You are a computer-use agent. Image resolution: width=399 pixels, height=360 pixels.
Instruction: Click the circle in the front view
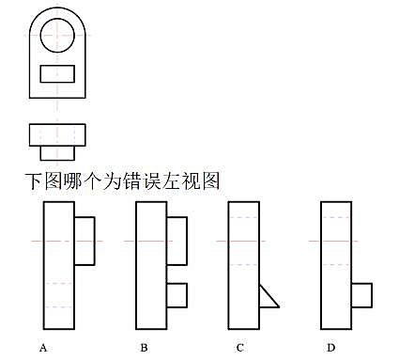click(40, 35)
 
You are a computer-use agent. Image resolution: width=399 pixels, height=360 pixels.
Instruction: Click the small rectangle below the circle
click(57, 66)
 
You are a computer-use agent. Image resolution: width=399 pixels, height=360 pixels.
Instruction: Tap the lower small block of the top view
click(57, 160)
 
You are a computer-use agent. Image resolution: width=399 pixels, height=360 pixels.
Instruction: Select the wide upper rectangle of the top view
click(57, 124)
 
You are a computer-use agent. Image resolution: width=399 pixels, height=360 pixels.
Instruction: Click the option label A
click(43, 348)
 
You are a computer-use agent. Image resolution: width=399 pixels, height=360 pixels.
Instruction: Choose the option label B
click(144, 348)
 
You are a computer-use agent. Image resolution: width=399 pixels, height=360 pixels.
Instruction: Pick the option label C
click(240, 348)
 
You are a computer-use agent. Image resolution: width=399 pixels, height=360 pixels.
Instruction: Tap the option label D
click(331, 348)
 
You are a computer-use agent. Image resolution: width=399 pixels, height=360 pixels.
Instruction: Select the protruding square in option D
click(372, 295)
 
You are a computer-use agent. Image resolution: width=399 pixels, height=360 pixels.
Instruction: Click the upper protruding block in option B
click(187, 241)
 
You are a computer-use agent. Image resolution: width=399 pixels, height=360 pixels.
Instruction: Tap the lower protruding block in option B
click(187, 295)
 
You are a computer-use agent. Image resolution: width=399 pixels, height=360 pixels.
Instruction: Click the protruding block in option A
click(94, 241)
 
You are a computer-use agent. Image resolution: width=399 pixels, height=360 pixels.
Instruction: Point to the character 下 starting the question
click(34, 181)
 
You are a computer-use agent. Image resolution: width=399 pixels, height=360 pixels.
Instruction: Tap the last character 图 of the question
click(210, 181)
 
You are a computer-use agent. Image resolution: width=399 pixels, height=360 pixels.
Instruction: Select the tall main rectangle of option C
click(228, 265)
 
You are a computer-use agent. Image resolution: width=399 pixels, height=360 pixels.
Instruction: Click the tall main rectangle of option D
click(321, 265)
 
